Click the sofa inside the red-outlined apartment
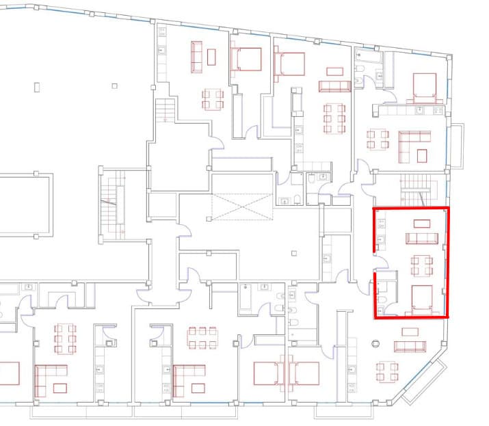(422, 238)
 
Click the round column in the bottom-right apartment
(375, 344)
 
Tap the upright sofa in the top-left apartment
(196, 57)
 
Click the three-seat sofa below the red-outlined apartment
(410, 346)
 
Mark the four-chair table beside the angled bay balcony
(388, 371)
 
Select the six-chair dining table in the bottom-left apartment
(65, 338)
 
